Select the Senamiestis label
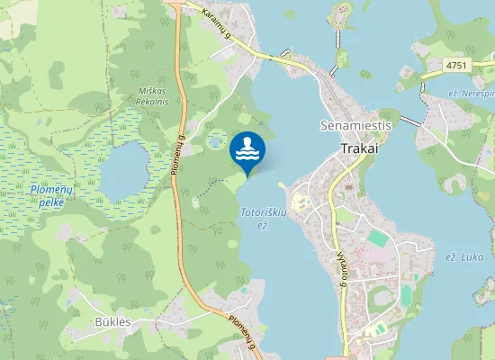tap(356, 126)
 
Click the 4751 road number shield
tap(459, 65)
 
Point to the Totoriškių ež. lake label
tap(263, 218)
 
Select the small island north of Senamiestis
tap(339, 13)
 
